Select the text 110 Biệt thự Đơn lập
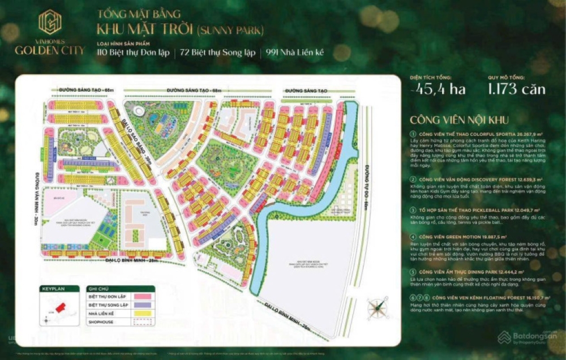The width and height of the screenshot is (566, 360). (x=133, y=53)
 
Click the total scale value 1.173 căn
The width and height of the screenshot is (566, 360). (x=517, y=89)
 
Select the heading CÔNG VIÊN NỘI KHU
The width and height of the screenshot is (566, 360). (x=460, y=120)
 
